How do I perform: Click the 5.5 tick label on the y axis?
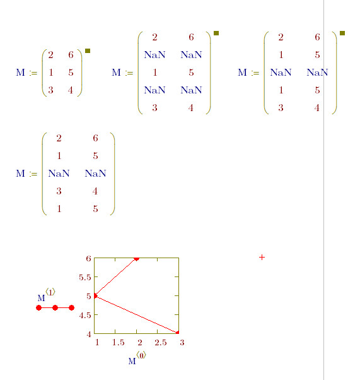(x=84, y=277)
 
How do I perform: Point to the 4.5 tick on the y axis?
(x=84, y=315)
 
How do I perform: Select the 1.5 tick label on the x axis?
(x=118, y=342)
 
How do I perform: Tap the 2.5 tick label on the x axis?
(x=161, y=342)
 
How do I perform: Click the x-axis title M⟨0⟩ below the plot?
(x=137, y=358)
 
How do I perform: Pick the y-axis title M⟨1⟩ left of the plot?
(x=46, y=295)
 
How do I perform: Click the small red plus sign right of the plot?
(x=262, y=257)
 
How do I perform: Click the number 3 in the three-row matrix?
(x=50, y=90)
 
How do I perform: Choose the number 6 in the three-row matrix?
(x=71, y=55)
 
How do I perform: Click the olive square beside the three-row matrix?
(x=88, y=50)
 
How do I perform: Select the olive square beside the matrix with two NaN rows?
(x=216, y=33)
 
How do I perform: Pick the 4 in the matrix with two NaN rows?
(x=191, y=108)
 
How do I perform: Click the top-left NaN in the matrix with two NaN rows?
(x=154, y=55)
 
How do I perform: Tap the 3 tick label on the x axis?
(x=182, y=342)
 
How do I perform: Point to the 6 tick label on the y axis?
(x=89, y=258)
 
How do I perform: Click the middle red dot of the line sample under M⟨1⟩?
(x=55, y=308)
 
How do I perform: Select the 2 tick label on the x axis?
(x=140, y=342)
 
